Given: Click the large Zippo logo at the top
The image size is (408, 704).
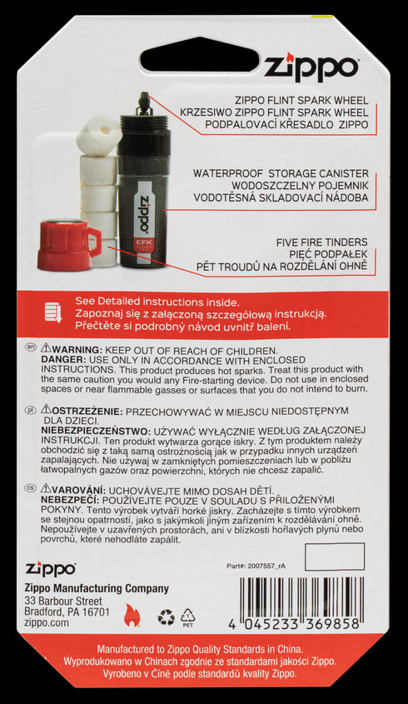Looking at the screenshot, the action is (x=311, y=67).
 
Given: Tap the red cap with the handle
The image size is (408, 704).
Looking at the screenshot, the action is (x=68, y=244).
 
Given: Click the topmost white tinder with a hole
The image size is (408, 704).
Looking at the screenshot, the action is (x=98, y=135).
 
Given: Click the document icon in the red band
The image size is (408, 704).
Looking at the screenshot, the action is (x=53, y=313).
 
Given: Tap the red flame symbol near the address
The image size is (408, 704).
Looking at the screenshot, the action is (x=132, y=615).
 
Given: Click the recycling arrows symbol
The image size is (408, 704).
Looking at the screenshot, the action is (x=166, y=618).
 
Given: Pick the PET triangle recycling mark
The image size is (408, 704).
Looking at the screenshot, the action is (x=188, y=617).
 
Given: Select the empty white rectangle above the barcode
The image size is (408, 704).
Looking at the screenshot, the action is (x=335, y=557).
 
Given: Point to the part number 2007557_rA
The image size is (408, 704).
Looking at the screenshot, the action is (x=256, y=566).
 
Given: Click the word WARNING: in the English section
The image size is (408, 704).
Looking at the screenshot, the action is (x=78, y=350).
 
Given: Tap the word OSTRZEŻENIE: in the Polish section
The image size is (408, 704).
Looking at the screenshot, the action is (x=87, y=411).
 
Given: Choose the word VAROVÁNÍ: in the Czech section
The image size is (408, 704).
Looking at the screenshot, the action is (x=79, y=490).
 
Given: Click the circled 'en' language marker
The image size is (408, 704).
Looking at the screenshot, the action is (x=31, y=347).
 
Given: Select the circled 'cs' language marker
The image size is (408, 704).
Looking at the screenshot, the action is (x=31, y=488).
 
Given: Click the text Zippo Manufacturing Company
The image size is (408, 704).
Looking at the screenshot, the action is (x=97, y=589).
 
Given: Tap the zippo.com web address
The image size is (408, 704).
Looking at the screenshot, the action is (x=47, y=622).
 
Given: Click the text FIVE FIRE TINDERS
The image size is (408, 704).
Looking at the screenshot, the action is (x=322, y=242).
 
